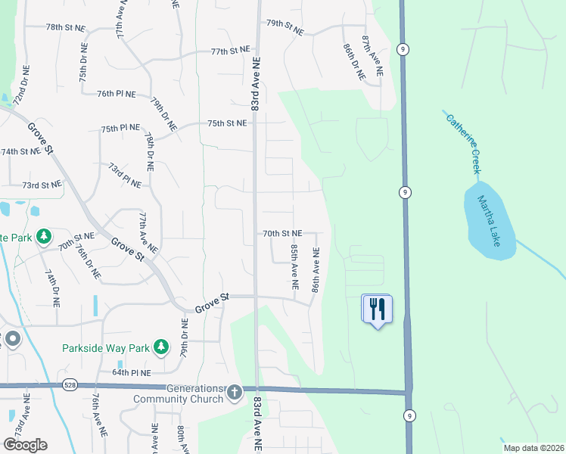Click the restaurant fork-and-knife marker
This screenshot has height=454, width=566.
point(378,309)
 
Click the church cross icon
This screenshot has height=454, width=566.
point(235,392)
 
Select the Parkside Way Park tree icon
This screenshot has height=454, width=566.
point(160,347)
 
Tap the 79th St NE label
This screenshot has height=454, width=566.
point(285,23)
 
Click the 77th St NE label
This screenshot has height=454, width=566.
point(230,51)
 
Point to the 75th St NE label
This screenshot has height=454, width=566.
point(227,123)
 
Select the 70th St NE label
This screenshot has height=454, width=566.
point(282,234)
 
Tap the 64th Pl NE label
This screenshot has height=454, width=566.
point(132,373)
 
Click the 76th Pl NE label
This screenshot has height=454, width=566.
point(117,94)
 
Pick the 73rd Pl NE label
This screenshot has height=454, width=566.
point(124,176)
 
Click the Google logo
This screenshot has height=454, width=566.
point(25,445)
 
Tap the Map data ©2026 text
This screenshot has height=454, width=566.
point(533,448)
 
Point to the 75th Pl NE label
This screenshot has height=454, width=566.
point(120,129)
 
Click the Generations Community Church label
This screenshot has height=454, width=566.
point(180,393)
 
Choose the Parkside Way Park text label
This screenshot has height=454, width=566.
point(105,349)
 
